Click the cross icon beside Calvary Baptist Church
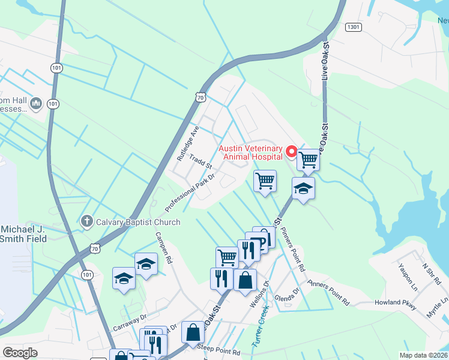tap(86, 222)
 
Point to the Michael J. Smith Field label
tap(23, 234)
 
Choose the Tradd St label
tap(200, 161)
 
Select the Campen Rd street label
tap(164, 248)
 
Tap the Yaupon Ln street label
tap(406, 274)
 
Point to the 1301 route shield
tap(354, 27)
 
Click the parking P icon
tap(262, 242)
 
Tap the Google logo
tap(20, 353)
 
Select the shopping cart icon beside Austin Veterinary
tap(308, 160)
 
